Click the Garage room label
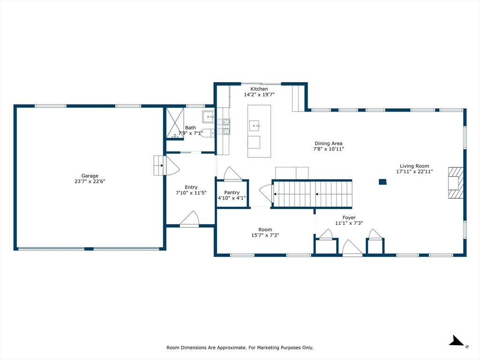point(90,176)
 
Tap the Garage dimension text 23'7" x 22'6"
point(90,181)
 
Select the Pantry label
point(232,193)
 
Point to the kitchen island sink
point(255,126)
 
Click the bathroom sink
point(209,117)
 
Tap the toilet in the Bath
point(209,133)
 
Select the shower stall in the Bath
point(175,123)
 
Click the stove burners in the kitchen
point(224,127)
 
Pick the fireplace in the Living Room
point(456,183)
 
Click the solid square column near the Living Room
point(382,182)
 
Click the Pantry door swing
point(232,173)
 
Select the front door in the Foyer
point(352,247)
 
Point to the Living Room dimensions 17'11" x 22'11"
point(414,172)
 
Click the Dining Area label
point(329,143)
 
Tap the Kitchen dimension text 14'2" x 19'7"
point(259,95)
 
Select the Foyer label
point(349,217)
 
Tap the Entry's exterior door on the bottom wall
point(189,219)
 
